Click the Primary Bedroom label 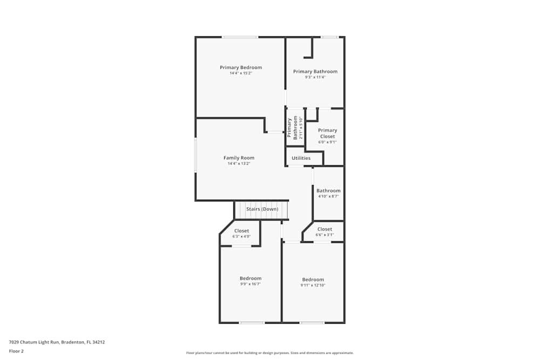(x=241, y=67)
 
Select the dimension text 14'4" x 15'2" (x=241, y=73)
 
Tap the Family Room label (x=239, y=158)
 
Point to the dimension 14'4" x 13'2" (x=239, y=164)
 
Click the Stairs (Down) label (x=262, y=209)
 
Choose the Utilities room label (x=301, y=158)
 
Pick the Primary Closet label (x=327, y=133)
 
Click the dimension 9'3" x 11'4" (x=315, y=77)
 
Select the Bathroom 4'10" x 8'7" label (x=328, y=193)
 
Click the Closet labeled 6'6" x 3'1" (x=325, y=232)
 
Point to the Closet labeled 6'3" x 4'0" (x=241, y=233)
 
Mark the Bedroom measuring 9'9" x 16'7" (x=251, y=281)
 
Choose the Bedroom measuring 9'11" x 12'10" (x=313, y=282)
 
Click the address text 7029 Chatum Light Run (x=57, y=342)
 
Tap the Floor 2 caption (x=16, y=351)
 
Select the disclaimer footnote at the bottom (x=270, y=353)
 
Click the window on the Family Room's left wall (x=195, y=155)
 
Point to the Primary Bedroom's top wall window (x=240, y=37)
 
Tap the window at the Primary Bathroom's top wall (x=329, y=37)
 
